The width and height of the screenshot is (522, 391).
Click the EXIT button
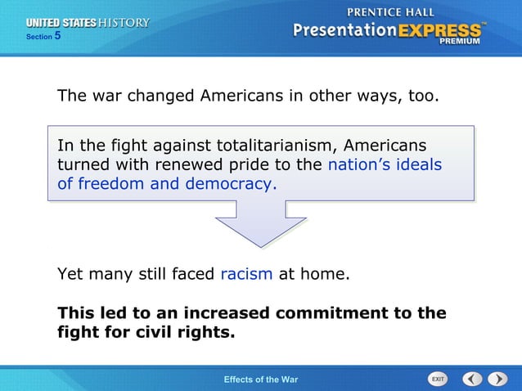(x=438, y=379)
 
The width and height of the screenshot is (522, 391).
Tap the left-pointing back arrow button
(x=472, y=379)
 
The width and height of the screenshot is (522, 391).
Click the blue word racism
(x=246, y=274)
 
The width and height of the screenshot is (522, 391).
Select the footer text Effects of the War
(x=261, y=380)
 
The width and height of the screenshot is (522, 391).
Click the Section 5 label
(x=43, y=37)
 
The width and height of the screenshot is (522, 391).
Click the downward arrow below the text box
(x=260, y=224)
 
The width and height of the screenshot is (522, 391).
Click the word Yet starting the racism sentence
(x=70, y=274)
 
